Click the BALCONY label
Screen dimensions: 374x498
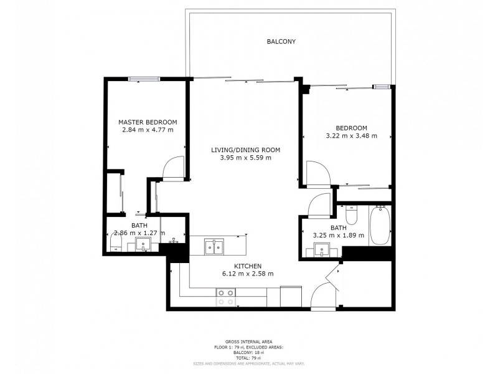pyautogui.click(x=281, y=42)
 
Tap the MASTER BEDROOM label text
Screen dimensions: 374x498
pyautogui.click(x=148, y=122)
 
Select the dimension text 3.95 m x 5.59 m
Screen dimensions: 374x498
pyautogui.click(x=245, y=158)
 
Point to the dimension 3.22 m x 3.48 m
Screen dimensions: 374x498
pyautogui.click(x=351, y=135)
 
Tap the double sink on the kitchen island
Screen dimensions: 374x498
pyautogui.click(x=215, y=247)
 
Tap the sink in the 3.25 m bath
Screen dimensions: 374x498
pyautogui.click(x=322, y=251)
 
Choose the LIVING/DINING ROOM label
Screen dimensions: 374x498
pyautogui.click(x=245, y=150)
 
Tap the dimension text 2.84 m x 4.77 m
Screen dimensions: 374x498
pyautogui.click(x=148, y=130)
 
